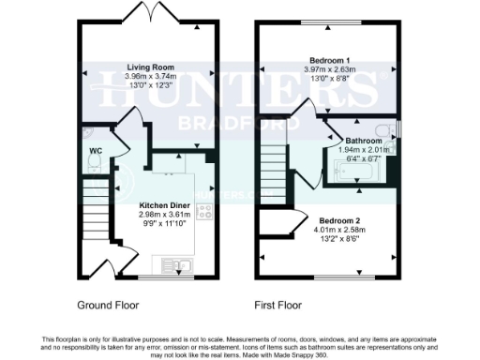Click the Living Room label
151,67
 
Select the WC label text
94,149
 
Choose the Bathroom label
362,141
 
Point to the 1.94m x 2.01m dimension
362,150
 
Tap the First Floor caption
278,306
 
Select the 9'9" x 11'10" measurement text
163,223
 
